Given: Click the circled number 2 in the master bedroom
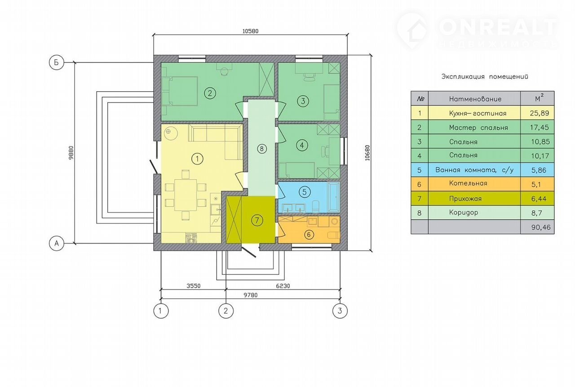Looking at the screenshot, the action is tap(210, 93).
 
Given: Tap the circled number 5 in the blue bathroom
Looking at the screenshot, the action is tap(305, 192).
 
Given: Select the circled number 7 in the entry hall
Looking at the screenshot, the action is tap(257, 220).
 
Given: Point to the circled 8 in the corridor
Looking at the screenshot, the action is tap(262, 149).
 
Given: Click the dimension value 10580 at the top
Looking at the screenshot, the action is tap(251, 31).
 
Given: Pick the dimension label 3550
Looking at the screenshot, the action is tap(193, 286).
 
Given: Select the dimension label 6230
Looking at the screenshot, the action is tap(283, 286).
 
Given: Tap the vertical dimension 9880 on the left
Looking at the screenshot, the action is tap(71, 153).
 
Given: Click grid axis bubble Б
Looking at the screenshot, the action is tap(57, 62).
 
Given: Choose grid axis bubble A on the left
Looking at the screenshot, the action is tap(57, 243).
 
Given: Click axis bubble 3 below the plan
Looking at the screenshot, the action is tap(340, 311).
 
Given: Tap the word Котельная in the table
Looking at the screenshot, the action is tap(468, 183).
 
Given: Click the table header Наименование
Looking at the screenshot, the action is tap(475, 99).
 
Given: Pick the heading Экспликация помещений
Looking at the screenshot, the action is tap(485, 76).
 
